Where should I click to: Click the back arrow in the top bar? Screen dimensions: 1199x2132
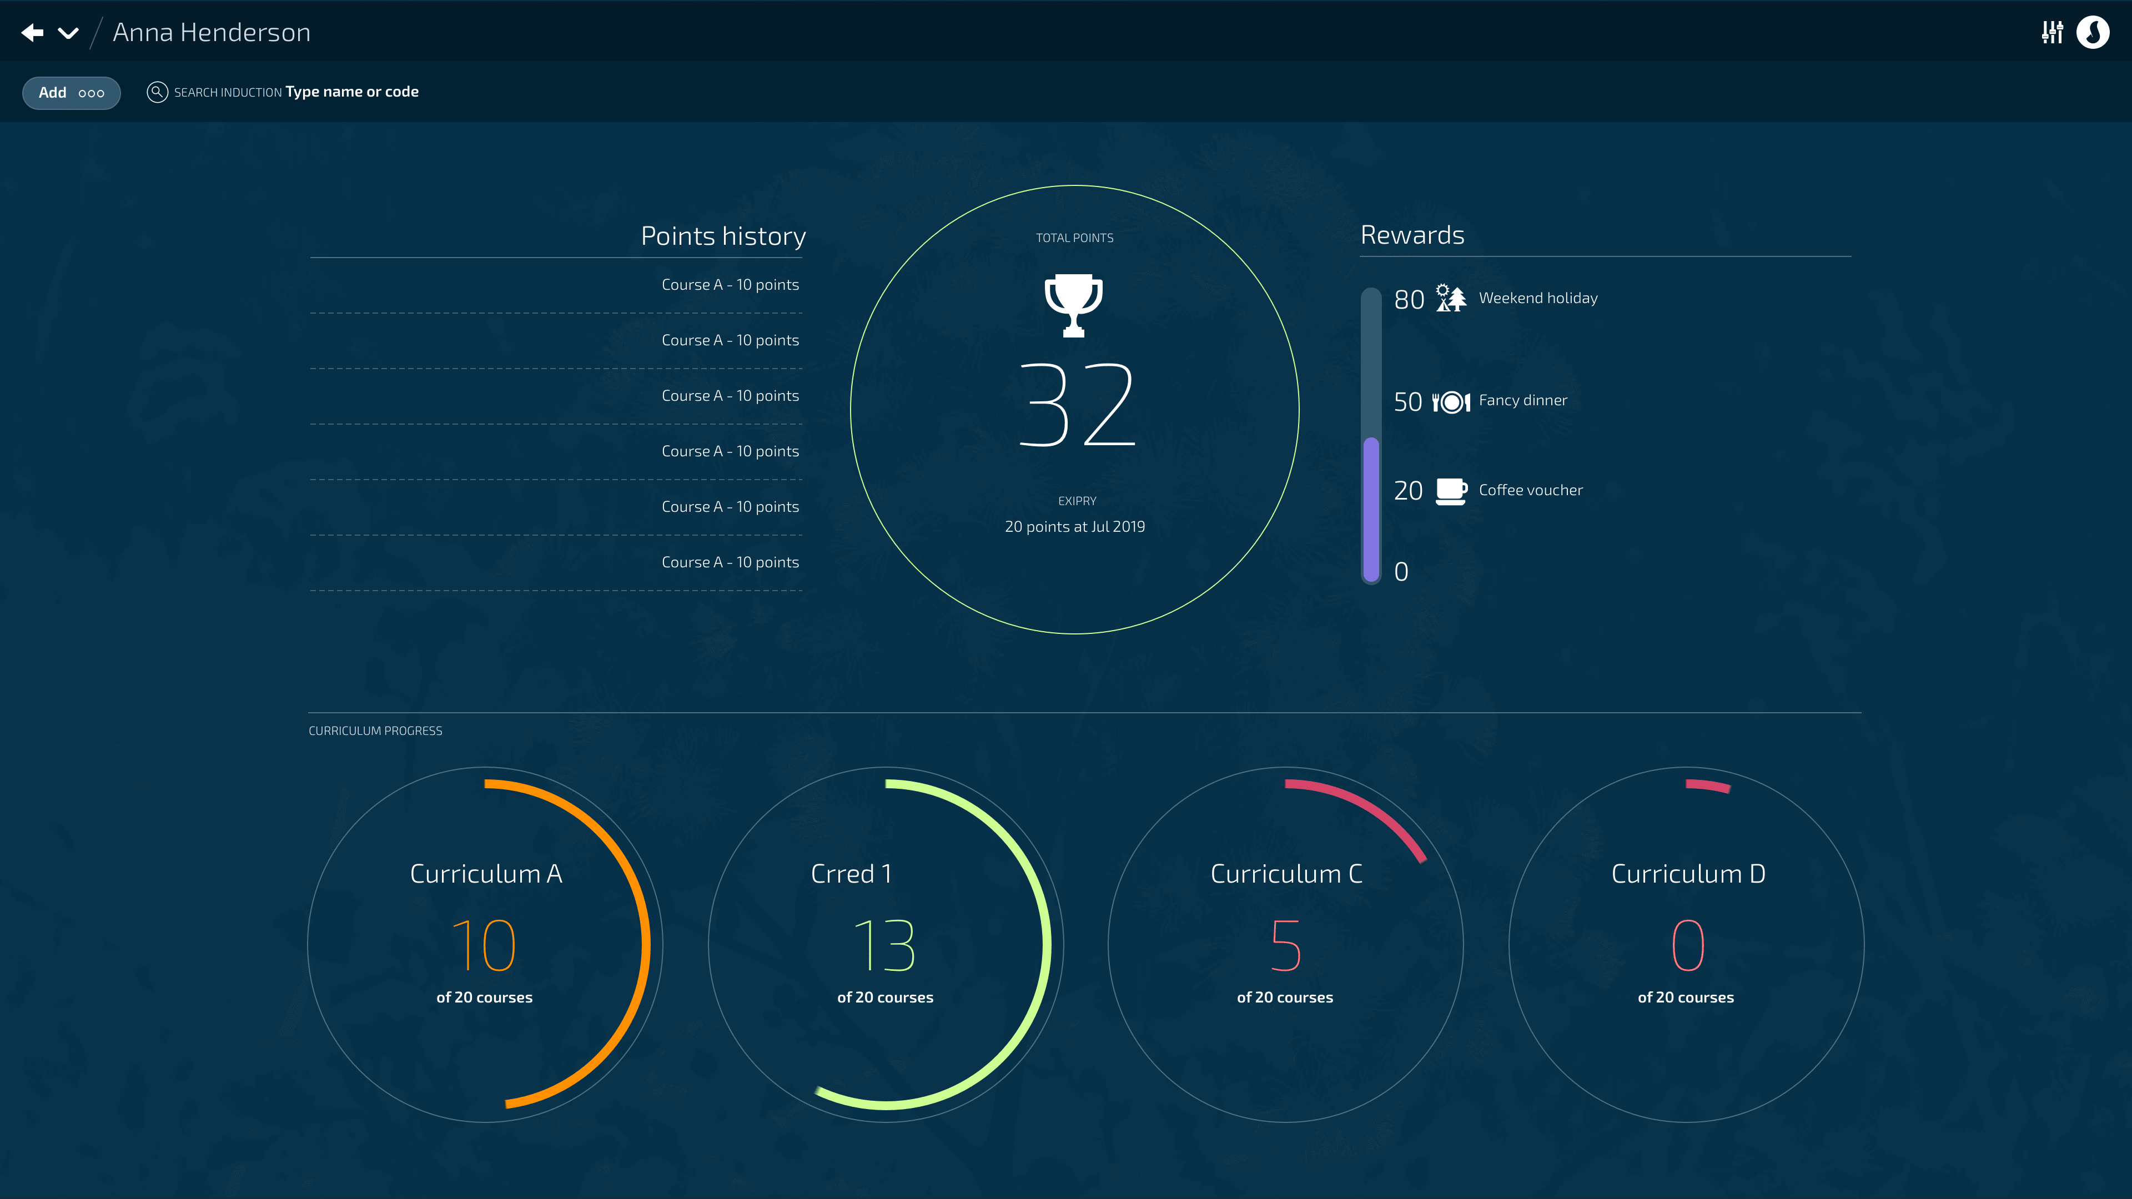coord(32,32)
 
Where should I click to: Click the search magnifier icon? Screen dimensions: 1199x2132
coord(157,92)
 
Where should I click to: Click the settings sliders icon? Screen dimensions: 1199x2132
coord(2051,32)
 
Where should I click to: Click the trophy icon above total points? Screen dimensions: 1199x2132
coord(1073,305)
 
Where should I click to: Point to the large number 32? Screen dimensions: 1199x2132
coord(1076,405)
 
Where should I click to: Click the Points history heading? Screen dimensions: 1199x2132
coord(722,236)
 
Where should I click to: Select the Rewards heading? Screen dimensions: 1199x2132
coord(1412,235)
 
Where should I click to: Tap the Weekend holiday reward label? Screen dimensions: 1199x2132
coord(1538,298)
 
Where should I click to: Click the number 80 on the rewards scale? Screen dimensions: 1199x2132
coord(1409,300)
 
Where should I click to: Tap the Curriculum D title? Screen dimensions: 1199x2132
coord(1688,874)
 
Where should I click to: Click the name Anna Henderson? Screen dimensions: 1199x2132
coord(211,32)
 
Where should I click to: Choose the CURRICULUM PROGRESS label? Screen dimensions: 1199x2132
coord(375,731)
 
